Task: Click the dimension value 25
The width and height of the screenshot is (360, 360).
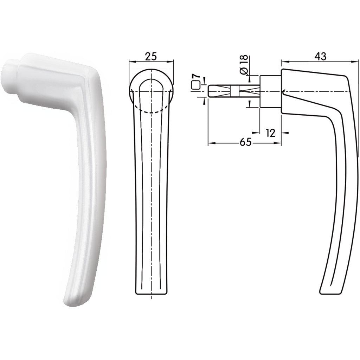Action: (152, 56)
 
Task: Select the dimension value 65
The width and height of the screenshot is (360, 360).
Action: (246, 142)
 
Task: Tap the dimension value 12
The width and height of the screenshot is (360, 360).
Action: (270, 133)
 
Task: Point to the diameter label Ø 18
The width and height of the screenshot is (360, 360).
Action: (244, 64)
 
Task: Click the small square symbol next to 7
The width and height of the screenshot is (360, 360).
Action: (196, 85)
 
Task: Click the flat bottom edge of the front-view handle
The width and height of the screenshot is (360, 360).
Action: (151, 293)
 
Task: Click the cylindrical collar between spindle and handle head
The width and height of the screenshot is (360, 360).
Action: (270, 91)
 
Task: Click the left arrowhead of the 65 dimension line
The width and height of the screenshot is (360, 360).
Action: (210, 143)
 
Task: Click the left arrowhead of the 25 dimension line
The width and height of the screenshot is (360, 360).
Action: (131, 62)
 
